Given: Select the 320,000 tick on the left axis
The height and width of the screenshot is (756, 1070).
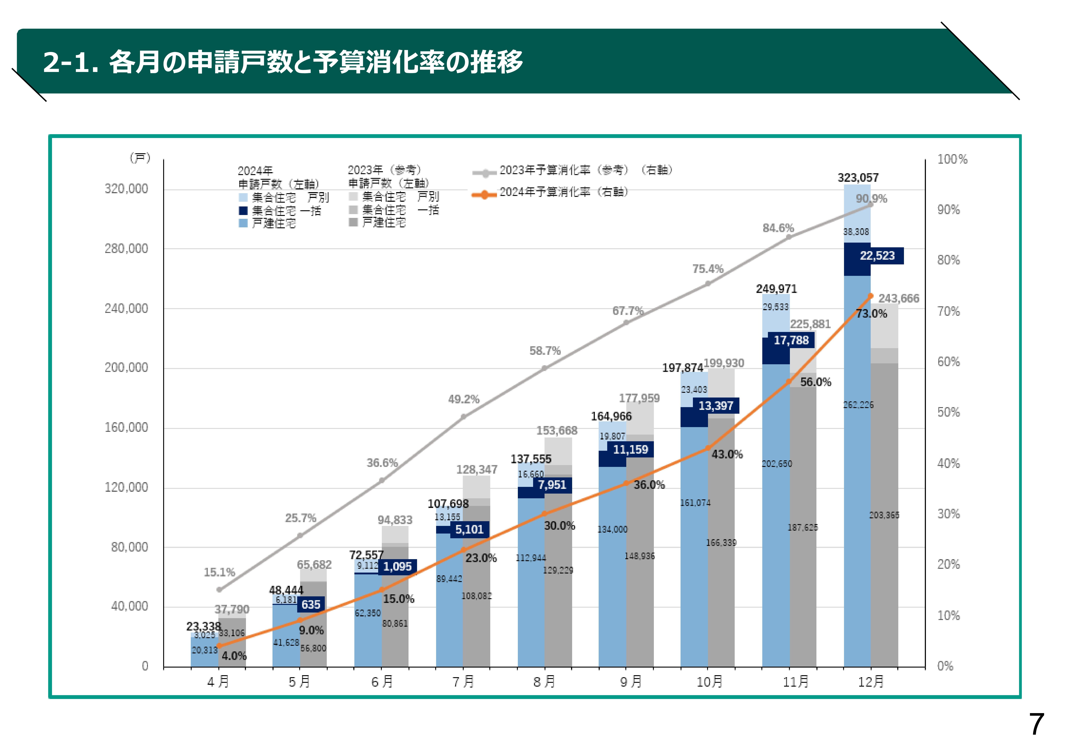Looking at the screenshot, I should tap(126, 189).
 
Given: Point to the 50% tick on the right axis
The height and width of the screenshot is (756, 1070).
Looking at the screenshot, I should tap(948, 412).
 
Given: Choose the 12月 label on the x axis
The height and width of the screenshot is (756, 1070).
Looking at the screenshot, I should tap(871, 682).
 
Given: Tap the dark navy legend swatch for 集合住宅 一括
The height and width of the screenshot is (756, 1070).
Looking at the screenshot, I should tap(243, 211).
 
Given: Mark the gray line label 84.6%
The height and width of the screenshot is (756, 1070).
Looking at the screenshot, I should tap(778, 228).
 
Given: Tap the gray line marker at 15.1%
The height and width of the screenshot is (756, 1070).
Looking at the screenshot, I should tap(219, 590).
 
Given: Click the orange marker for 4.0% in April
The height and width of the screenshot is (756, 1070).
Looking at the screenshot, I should tap(219, 646).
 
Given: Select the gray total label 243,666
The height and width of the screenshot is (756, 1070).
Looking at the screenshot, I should tap(898, 298).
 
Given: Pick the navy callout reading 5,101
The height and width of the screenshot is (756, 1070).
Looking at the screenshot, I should tap(469, 529).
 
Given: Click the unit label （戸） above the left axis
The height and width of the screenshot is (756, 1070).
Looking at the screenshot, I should tap(140, 158).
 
